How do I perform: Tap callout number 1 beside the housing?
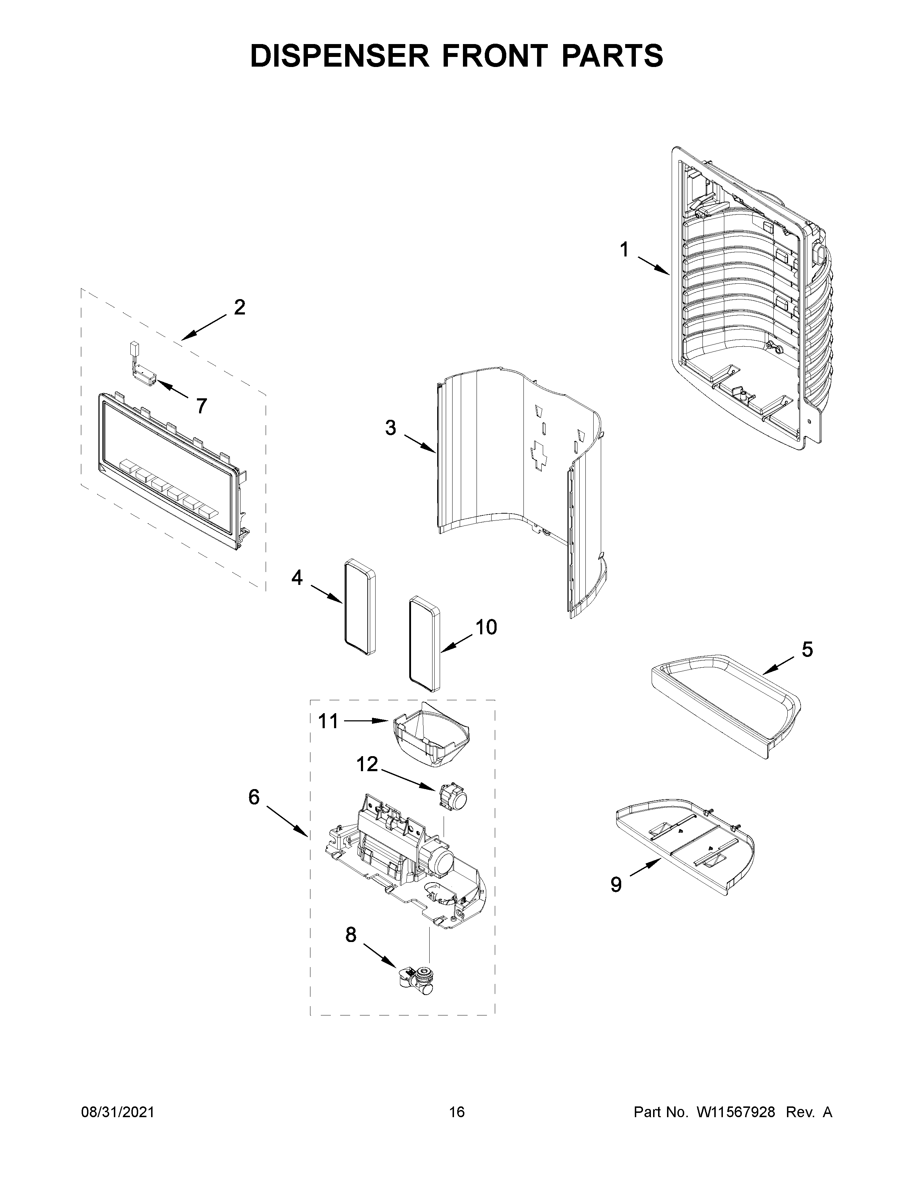[x=624, y=250]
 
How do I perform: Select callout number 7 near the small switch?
[x=201, y=406]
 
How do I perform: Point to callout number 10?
[x=486, y=627]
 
